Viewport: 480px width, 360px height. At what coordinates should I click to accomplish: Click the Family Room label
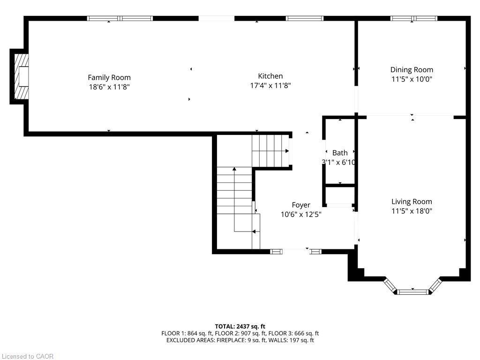pos(109,77)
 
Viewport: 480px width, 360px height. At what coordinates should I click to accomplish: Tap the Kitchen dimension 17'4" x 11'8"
pos(270,85)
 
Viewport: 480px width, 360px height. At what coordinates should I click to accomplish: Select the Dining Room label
pos(412,70)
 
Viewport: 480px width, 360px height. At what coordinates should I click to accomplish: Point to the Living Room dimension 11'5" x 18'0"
pos(412,211)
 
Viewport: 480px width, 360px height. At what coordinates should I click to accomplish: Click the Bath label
pos(340,153)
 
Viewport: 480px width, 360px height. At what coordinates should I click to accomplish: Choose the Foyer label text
pos(301,205)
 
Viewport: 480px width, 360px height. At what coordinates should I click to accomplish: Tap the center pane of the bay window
pos(413,292)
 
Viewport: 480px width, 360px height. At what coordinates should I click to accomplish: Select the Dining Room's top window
pos(413,18)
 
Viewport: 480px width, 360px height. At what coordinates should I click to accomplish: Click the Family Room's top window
pos(120,18)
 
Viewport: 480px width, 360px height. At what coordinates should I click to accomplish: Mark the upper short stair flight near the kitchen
pos(270,150)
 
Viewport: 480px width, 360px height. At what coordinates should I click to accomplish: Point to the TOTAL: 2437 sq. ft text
pos(240,326)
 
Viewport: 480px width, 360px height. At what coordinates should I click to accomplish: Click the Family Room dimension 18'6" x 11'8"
pos(109,86)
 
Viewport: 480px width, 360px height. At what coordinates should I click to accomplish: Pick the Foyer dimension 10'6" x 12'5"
pos(301,214)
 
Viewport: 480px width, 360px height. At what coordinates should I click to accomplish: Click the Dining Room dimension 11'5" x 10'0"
pos(412,79)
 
